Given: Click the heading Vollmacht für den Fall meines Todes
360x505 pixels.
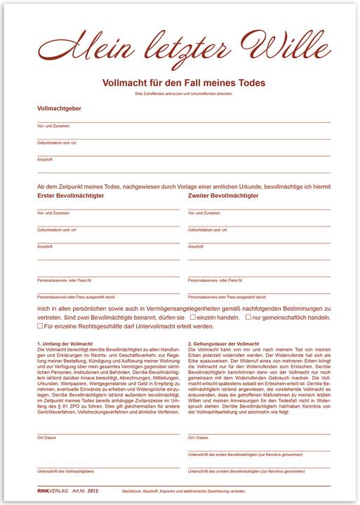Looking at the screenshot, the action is [x=184, y=83].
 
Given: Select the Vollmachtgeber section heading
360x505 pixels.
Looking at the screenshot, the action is [x=59, y=109].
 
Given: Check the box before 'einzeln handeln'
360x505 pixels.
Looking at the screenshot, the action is [x=193, y=317].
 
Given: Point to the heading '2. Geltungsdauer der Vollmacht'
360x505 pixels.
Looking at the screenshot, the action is [x=222, y=344].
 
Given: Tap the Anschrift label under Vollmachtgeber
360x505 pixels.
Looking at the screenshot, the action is [x=44, y=159].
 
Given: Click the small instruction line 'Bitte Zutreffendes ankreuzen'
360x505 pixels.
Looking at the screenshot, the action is [x=184, y=93].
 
